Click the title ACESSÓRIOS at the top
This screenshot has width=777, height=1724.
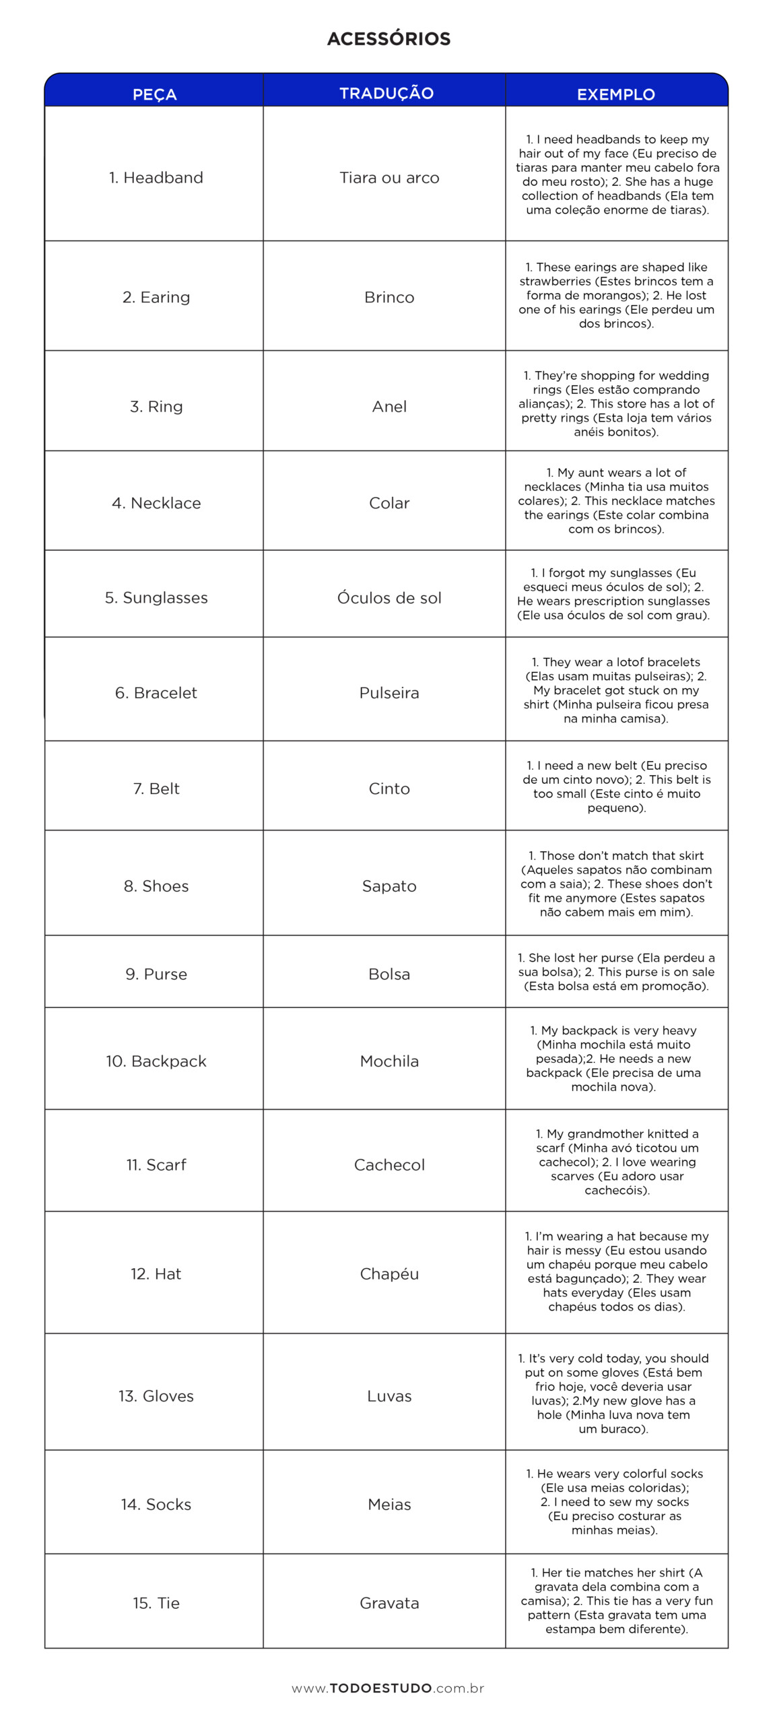click(388, 38)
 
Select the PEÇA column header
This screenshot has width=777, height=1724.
click(154, 94)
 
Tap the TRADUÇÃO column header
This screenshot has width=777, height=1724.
click(386, 93)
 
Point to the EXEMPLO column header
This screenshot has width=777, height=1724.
click(615, 94)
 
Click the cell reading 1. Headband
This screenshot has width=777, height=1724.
click(156, 178)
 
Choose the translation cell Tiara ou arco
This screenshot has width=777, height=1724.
click(389, 178)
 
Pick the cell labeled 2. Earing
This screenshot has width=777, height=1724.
click(156, 297)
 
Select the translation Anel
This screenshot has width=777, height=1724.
click(389, 406)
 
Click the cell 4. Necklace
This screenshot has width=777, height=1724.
click(156, 503)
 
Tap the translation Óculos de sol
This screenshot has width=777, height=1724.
click(389, 597)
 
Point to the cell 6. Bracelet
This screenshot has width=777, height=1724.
click(156, 693)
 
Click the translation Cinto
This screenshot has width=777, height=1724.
click(389, 789)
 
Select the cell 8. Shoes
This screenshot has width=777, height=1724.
click(156, 886)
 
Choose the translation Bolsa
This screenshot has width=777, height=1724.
click(389, 974)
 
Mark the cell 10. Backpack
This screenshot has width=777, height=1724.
click(156, 1061)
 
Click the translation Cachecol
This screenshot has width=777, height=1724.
click(389, 1164)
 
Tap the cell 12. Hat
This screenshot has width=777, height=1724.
click(156, 1273)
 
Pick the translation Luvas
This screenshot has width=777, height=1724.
click(389, 1396)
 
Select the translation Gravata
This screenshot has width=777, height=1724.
click(389, 1603)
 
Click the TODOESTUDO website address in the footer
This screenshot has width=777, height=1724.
click(388, 1688)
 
